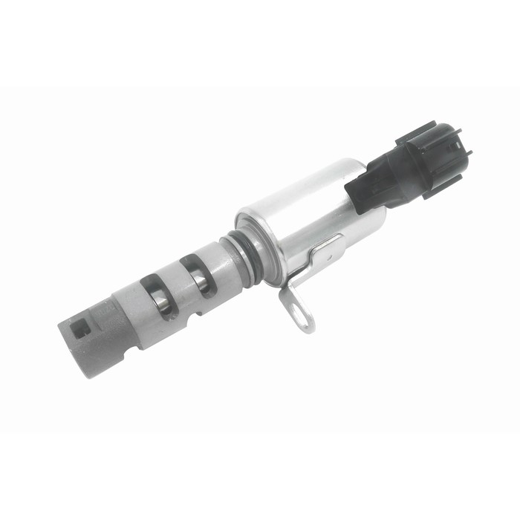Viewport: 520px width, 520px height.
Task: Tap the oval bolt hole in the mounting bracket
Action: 300,315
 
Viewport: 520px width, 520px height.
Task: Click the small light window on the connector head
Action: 454,146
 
